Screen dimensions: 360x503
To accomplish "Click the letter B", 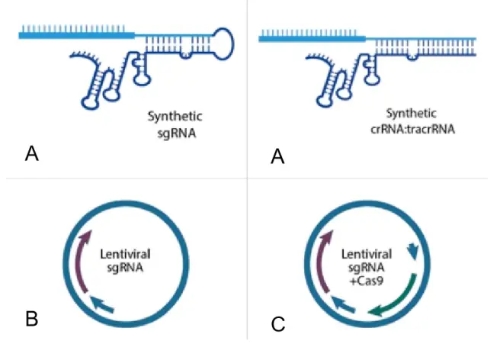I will (31, 317).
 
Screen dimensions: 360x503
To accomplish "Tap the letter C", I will (278, 324).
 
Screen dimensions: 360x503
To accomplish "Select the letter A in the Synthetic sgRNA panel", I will (31, 155).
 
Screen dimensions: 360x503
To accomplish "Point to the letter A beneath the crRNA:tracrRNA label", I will (278, 157).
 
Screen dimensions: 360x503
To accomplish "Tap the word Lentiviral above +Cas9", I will (367, 254).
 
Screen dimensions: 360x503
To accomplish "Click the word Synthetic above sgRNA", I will (175, 117).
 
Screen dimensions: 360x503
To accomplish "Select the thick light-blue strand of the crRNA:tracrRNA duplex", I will (312, 38).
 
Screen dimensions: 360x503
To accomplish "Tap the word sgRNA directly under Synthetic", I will (175, 131).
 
